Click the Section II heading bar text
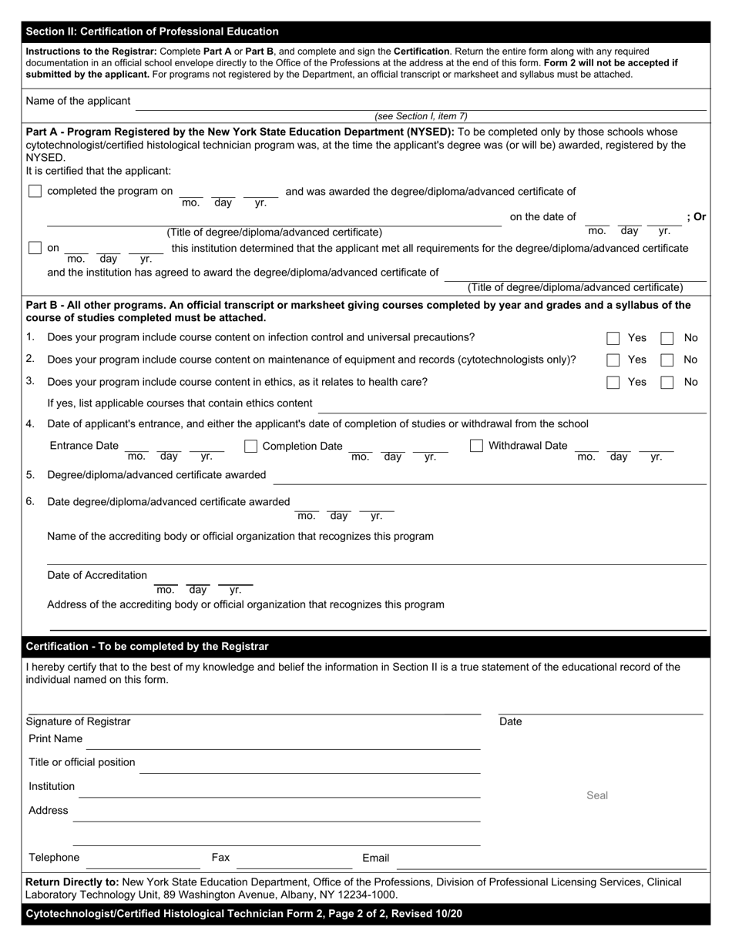tap(153, 32)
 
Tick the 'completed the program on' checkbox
tap(35, 191)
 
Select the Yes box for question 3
tap(613, 382)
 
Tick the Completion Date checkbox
tap(250, 446)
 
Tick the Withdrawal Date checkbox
tap(476, 446)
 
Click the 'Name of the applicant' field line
tap(420, 103)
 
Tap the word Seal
tap(597, 795)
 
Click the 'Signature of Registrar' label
tap(79, 721)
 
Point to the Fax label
tap(220, 858)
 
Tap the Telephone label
tap(54, 858)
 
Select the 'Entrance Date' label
tap(84, 446)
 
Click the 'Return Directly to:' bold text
tap(72, 882)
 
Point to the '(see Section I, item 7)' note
tap(421, 116)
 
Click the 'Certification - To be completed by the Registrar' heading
tap(147, 647)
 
